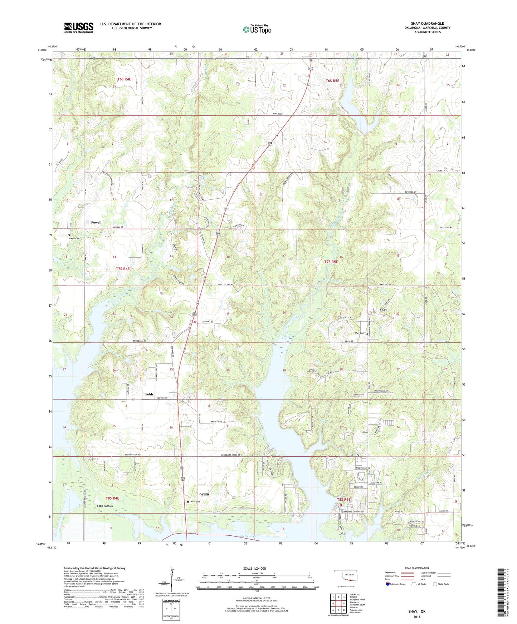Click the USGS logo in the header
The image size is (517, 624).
78,28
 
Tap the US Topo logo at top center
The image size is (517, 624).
257,29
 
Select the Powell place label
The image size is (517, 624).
96,222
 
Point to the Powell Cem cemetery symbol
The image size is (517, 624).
69,235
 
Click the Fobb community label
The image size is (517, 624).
149,394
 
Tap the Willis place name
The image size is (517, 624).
205,494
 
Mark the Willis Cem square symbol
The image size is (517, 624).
188,502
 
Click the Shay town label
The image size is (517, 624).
383,309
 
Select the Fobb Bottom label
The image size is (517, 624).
105,506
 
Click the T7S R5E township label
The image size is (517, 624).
331,262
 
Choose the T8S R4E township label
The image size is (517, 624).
112,498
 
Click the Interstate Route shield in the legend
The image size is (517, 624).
388,584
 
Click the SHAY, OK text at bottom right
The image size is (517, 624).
417,611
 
